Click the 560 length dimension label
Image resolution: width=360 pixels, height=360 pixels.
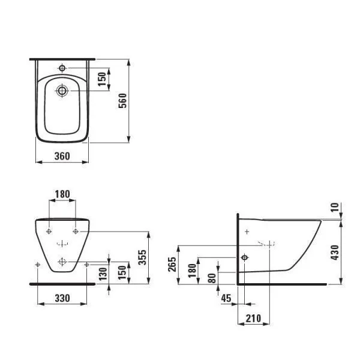(122, 101)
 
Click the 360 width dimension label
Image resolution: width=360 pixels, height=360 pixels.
(62, 156)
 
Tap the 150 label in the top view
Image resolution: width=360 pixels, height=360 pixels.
(102, 79)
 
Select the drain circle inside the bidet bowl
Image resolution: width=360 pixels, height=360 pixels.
(62, 91)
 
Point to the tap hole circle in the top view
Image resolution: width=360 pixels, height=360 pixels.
(62, 68)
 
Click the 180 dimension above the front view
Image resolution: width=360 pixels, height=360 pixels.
(62, 194)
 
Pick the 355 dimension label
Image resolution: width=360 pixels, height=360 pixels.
(142, 257)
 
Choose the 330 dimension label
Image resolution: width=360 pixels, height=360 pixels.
(62, 298)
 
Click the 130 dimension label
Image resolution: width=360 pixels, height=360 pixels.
(103, 274)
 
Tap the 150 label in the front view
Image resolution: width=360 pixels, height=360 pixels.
(122, 272)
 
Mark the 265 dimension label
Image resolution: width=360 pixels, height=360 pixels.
(172, 265)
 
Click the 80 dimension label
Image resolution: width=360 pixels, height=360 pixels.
(212, 278)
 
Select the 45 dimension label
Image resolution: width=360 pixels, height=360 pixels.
(226, 298)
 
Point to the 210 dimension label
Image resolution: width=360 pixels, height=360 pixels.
(253, 319)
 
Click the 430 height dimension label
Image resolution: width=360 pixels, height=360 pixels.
(335, 253)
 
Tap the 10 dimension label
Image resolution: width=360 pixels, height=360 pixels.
(335, 208)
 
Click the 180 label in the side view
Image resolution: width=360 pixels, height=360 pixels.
(193, 271)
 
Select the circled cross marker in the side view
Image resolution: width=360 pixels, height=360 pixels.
(245, 257)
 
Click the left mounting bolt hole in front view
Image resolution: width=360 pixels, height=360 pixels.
(49, 231)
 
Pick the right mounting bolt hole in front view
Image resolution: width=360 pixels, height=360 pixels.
(76, 231)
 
